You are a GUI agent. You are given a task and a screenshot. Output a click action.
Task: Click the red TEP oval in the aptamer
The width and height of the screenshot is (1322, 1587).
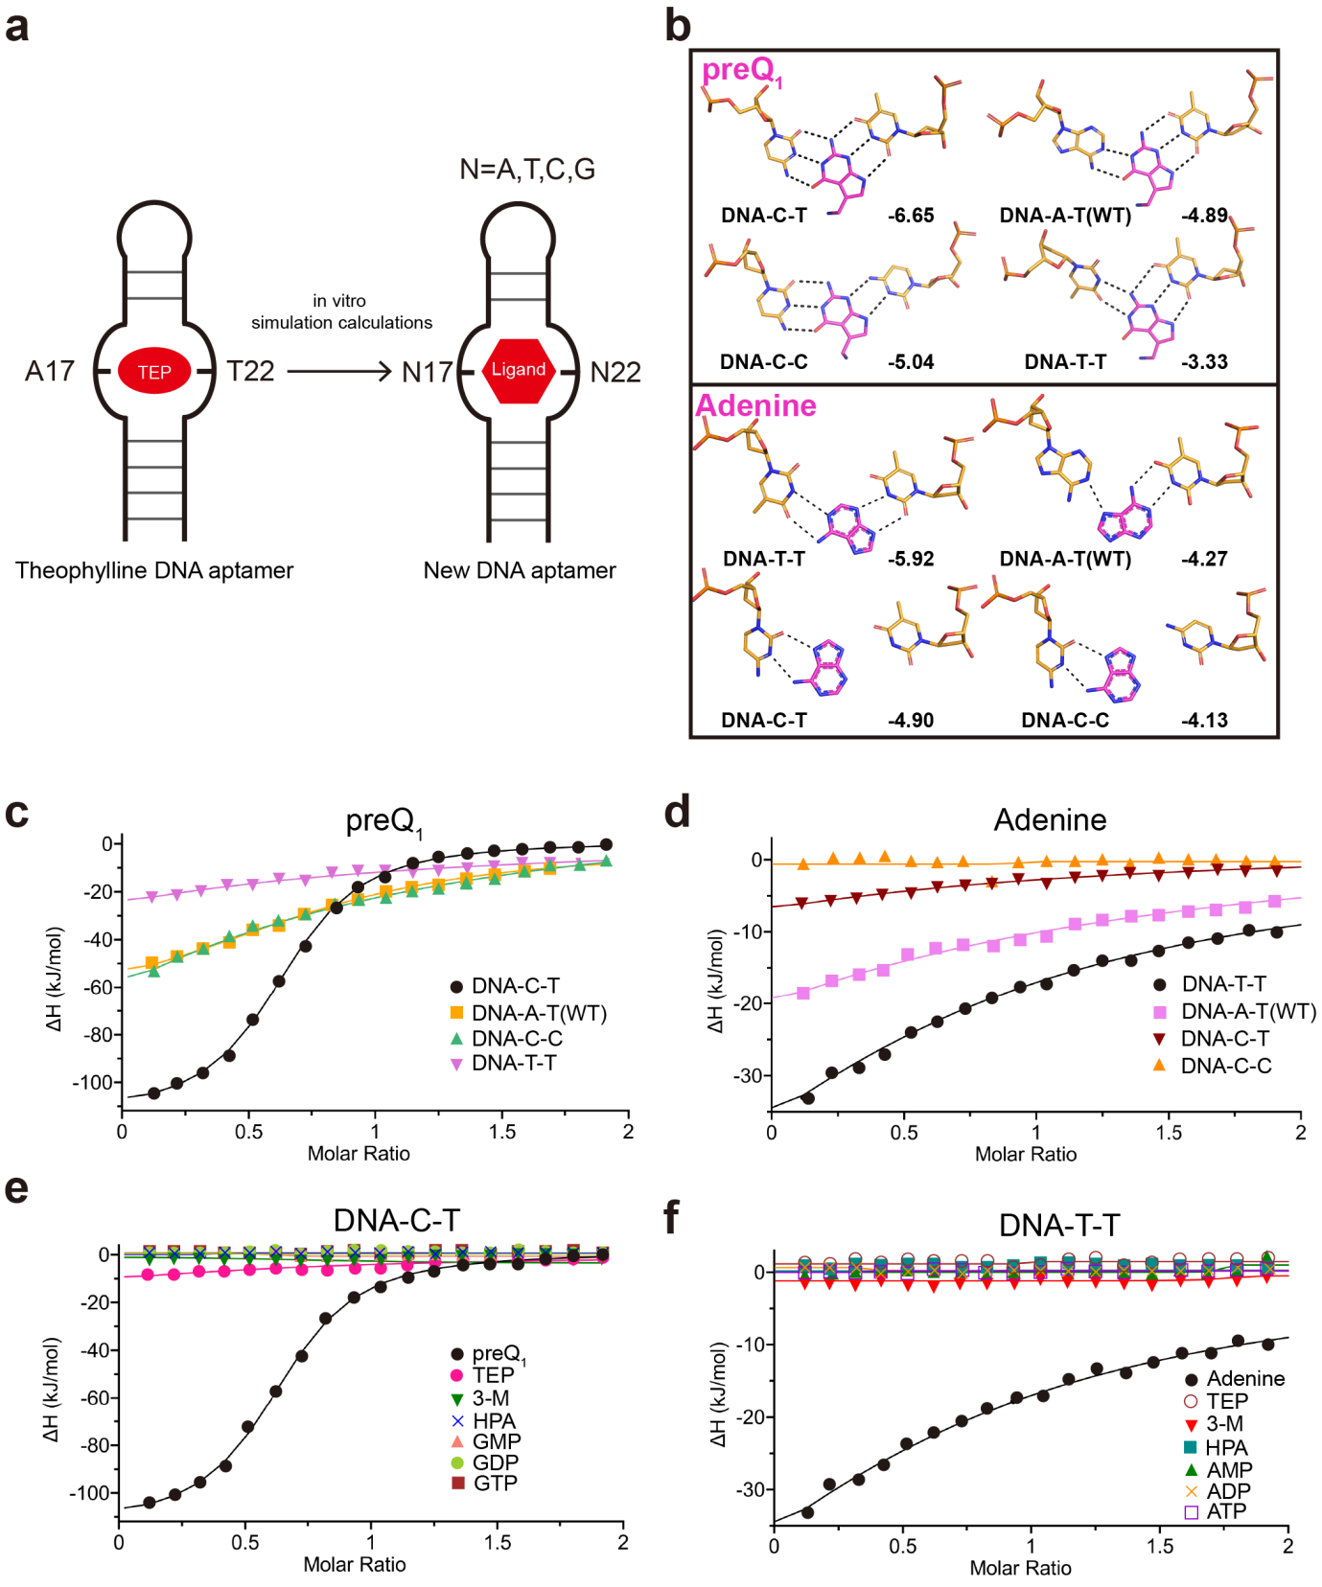154,372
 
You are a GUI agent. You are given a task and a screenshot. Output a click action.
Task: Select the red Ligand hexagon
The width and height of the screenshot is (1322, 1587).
519,370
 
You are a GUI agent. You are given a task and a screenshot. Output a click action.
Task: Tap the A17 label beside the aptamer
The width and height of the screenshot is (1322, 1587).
50,371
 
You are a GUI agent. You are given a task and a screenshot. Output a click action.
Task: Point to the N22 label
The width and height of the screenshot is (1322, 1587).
615,372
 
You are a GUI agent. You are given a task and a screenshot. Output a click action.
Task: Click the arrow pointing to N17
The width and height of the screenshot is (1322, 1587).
340,371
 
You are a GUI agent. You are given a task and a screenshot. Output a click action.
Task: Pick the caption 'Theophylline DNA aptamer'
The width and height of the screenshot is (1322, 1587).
154,570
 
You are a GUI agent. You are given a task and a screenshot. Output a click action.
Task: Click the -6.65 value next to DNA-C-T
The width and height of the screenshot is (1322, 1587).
910,216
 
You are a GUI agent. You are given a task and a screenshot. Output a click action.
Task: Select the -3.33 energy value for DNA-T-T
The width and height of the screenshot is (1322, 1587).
1204,362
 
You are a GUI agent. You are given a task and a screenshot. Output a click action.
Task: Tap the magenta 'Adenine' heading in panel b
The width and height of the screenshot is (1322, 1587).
756,405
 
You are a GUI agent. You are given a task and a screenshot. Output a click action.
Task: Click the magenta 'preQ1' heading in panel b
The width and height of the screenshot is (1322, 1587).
741,71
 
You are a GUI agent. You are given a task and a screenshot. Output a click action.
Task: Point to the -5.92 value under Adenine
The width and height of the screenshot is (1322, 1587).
910,559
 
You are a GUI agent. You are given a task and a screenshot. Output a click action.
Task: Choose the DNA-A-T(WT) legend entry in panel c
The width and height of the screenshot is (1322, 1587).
528,1013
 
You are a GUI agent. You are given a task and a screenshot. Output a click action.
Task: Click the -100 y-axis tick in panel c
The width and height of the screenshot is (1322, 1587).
91,1083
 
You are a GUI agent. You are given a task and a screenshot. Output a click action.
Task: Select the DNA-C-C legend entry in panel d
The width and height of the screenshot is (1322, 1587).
1215,1066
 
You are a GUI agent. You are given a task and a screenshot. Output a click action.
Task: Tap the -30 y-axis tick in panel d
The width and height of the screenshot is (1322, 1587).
747,1076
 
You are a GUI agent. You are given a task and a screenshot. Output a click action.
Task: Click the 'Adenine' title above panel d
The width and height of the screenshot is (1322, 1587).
1050,820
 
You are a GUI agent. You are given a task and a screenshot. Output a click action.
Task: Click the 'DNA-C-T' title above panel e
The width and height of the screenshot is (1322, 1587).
396,1221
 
